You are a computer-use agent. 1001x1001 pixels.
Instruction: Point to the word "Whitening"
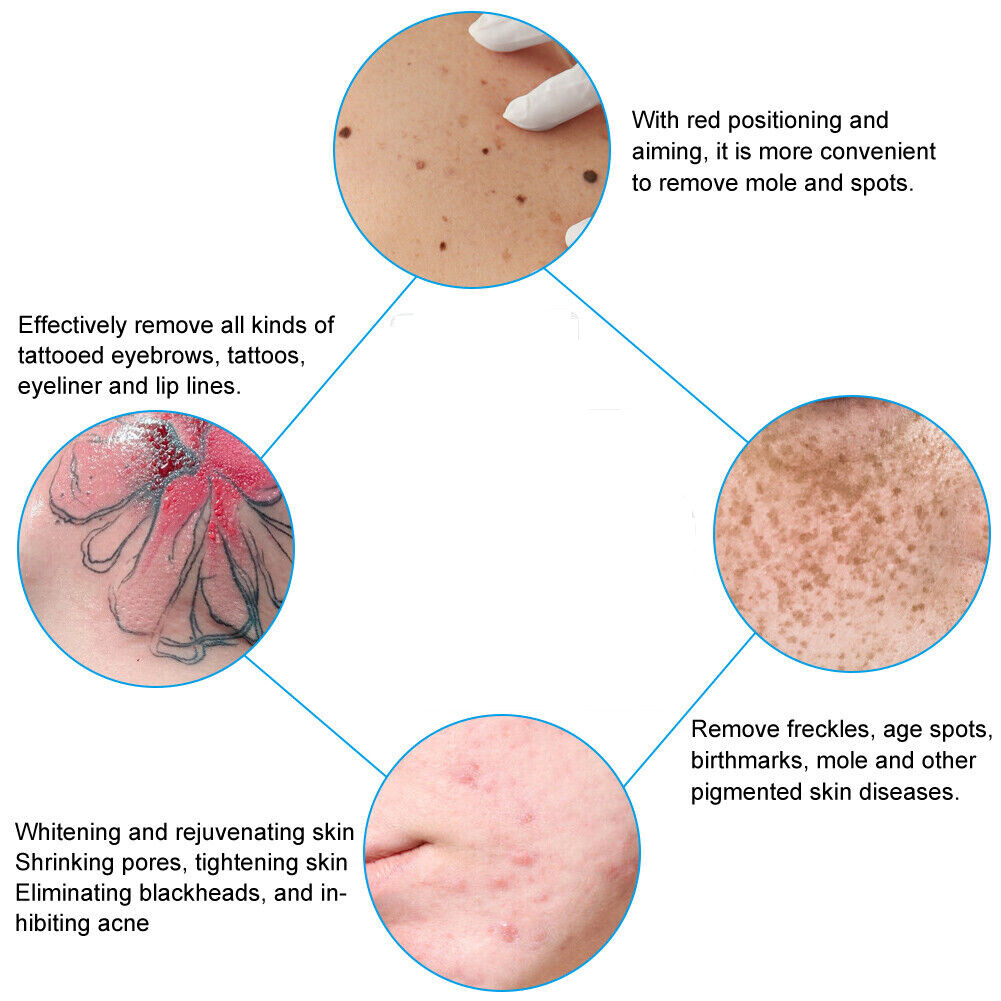tap(66, 832)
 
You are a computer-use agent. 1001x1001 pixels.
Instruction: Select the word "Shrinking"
tap(61, 862)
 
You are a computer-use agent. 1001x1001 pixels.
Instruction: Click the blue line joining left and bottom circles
tap(316, 716)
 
